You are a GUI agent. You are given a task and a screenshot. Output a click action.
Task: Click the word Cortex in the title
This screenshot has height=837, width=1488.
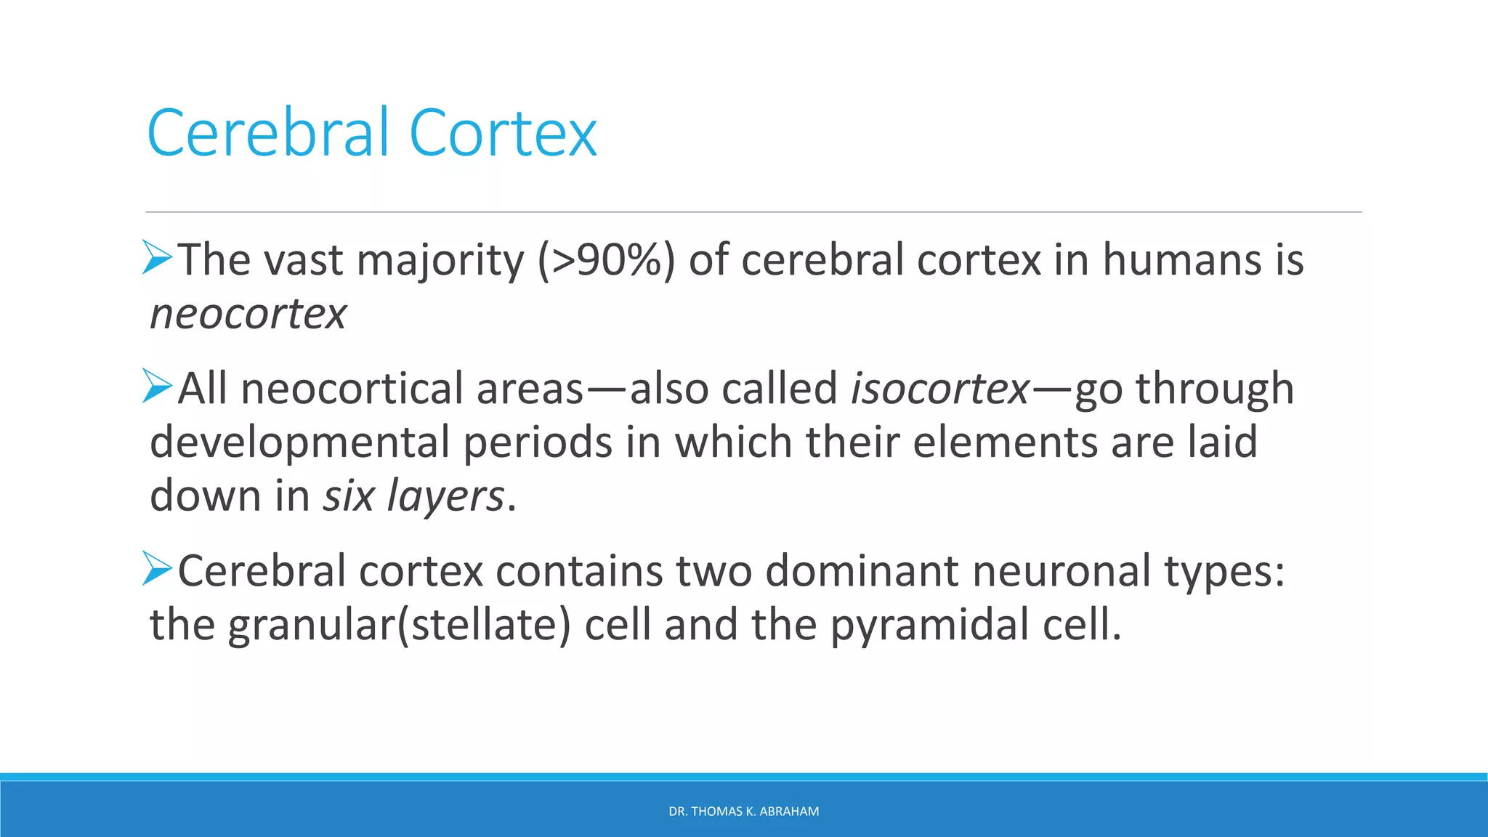click(503, 133)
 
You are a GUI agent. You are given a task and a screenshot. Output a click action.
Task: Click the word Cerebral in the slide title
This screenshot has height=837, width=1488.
click(269, 133)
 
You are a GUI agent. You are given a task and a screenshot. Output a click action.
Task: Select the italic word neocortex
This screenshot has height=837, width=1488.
click(248, 314)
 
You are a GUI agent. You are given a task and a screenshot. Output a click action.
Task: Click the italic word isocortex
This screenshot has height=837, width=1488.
click(940, 388)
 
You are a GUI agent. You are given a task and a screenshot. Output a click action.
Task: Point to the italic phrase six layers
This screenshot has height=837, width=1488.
click(413, 496)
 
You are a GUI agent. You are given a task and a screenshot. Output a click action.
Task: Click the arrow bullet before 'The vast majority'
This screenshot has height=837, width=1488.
click(158, 257)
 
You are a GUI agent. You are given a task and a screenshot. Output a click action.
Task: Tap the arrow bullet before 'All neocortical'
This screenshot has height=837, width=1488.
click(158, 386)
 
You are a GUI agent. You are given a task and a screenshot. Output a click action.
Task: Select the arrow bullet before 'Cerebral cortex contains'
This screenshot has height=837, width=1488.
click(158, 568)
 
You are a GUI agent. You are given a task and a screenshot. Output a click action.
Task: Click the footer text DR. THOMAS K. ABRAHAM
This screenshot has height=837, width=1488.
click(743, 812)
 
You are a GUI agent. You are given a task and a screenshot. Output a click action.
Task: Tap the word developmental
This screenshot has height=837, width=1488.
click(299, 443)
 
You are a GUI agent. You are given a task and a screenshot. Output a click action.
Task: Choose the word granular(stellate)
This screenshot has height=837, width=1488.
click(399, 626)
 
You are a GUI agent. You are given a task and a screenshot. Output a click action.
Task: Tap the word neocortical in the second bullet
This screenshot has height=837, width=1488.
click(352, 388)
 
